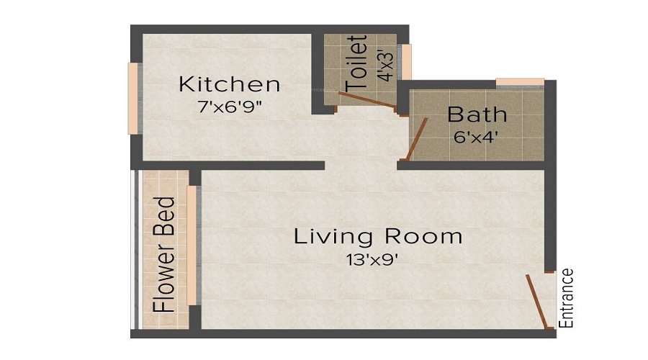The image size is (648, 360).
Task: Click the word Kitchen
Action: click(x=229, y=84)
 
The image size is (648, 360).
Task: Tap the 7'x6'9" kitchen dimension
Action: click(x=229, y=107)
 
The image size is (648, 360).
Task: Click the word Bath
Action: click(x=477, y=114)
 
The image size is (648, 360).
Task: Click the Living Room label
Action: click(x=377, y=236)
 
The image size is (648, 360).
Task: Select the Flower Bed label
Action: click(x=165, y=253)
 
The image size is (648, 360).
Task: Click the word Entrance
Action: click(x=567, y=298)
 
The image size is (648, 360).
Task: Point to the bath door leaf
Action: click(x=418, y=139)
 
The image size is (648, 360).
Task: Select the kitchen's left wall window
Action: click(x=132, y=98)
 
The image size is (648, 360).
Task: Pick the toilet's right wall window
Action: click(x=407, y=62)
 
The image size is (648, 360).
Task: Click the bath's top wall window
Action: click(x=520, y=82)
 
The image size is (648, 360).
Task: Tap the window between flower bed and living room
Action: click(x=192, y=246)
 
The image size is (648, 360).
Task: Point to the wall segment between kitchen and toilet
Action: click(x=317, y=73)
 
